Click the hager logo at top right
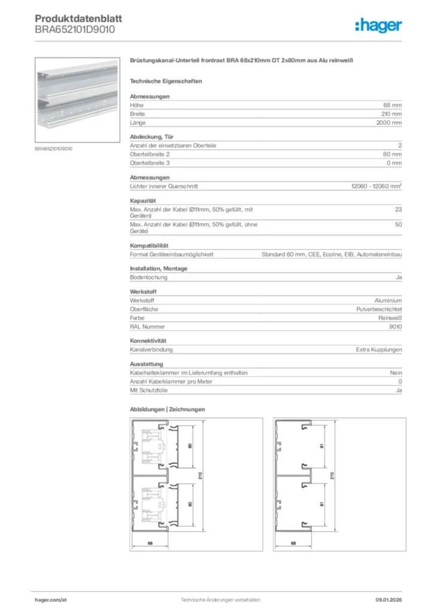tap(379, 25)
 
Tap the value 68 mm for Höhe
tap(392, 105)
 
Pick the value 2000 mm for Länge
tap(388, 123)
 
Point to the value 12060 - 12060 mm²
tap(376, 186)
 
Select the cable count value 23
tap(398, 209)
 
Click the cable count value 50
tap(398, 225)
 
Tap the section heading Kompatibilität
tap(149, 246)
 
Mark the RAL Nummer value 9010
tap(395, 327)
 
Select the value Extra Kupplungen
tap(379, 350)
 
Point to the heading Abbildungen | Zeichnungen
tap(167, 409)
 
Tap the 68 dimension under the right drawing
tap(294, 543)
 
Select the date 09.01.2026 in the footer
tap(389, 599)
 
